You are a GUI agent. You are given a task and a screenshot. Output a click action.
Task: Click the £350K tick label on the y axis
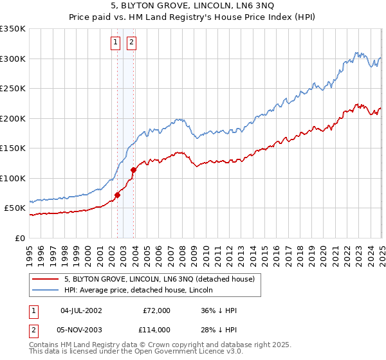click(13, 29)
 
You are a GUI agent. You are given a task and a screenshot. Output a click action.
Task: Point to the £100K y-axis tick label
click(13, 178)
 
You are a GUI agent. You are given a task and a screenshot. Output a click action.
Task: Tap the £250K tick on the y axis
click(13, 89)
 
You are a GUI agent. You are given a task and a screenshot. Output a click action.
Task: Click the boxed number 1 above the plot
click(115, 43)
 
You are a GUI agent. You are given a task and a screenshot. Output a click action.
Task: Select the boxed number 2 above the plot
click(131, 43)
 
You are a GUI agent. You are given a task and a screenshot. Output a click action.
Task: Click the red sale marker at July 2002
click(118, 195)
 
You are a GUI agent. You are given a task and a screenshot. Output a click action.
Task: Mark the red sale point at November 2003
click(133, 170)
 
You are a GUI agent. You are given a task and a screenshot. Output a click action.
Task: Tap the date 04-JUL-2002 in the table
click(80, 310)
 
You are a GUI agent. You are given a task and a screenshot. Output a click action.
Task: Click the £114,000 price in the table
click(156, 329)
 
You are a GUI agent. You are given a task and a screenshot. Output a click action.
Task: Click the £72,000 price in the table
click(156, 310)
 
